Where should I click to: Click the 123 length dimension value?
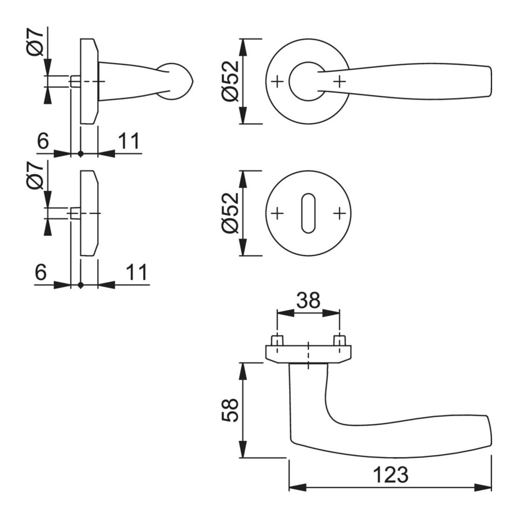(390, 474)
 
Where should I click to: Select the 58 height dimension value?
(230, 410)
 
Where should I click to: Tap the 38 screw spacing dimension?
(308, 300)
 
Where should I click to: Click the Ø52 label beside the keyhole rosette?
(230, 212)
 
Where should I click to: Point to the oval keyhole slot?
(308, 213)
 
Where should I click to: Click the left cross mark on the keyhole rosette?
(277, 214)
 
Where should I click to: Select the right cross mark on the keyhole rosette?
(339, 214)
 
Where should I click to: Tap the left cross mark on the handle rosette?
(277, 81)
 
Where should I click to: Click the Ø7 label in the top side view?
(35, 42)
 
